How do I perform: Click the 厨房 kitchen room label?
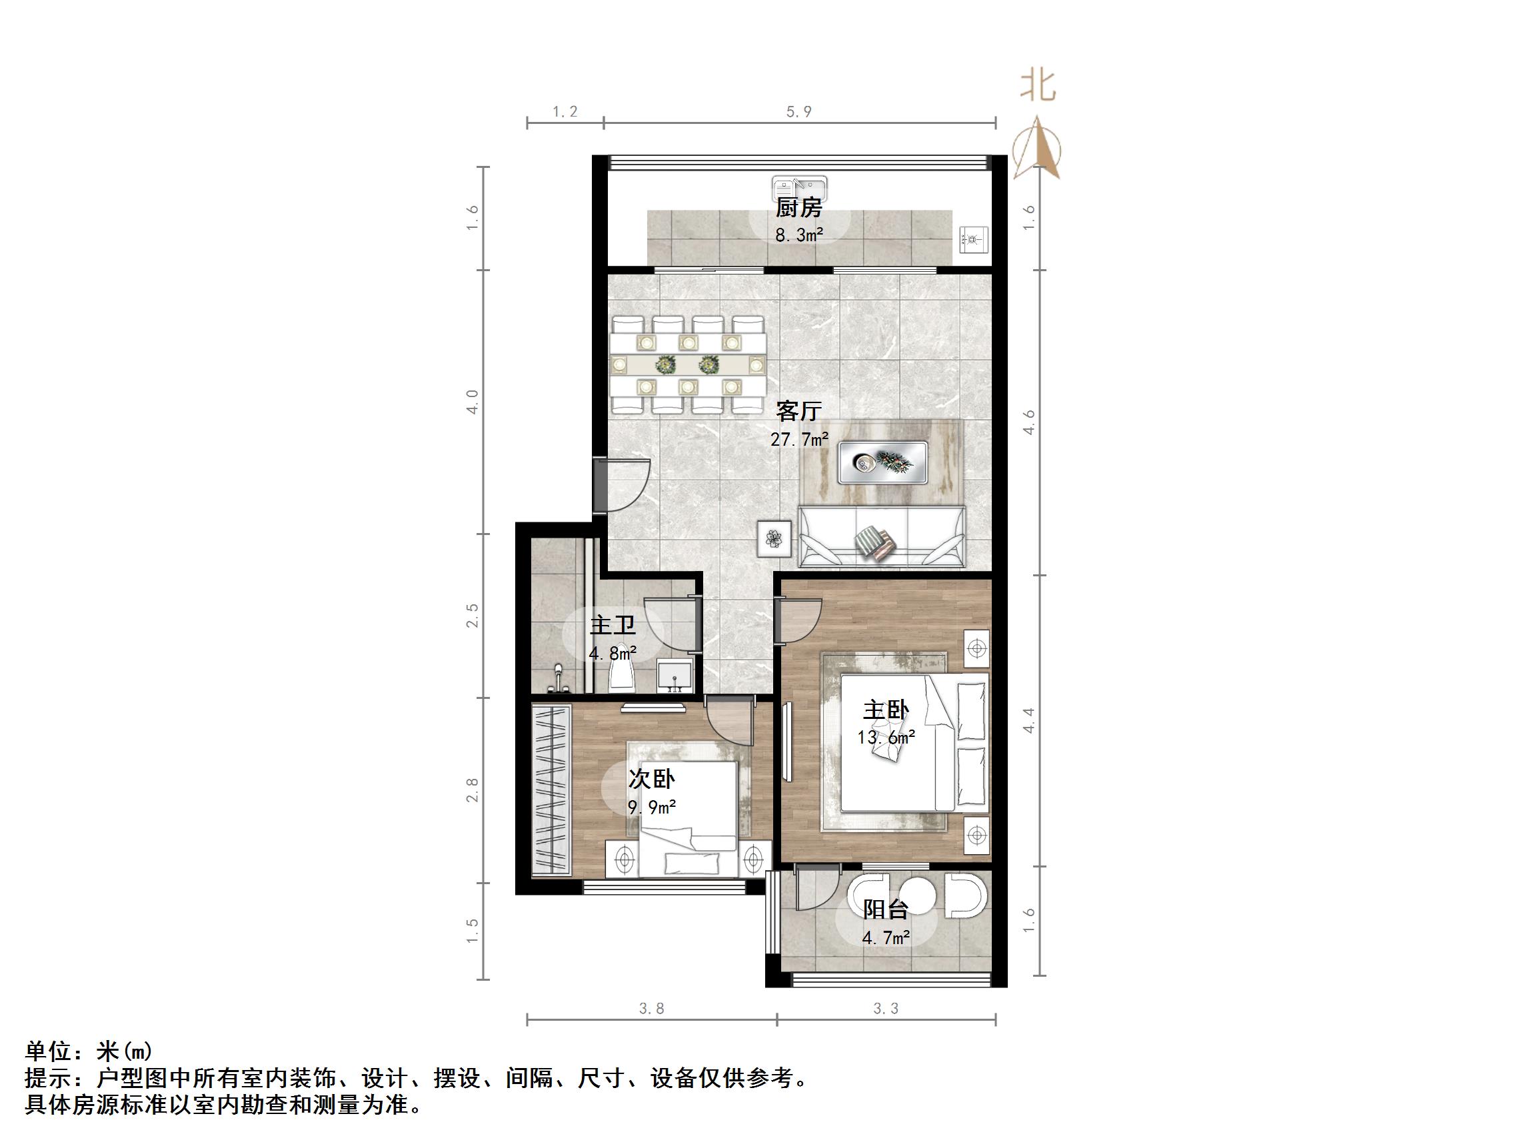[798, 207]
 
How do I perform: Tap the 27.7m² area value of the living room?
[798, 439]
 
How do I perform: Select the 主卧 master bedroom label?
[886, 710]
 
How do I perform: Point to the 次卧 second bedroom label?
[651, 780]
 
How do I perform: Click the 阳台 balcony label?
[885, 909]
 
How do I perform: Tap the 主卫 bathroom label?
[612, 626]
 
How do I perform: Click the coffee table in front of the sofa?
[882, 462]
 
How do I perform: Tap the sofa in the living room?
[881, 537]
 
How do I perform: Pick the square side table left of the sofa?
[774, 538]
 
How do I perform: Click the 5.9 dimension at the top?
[798, 111]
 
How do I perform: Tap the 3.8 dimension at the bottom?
[651, 1009]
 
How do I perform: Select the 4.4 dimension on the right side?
[1028, 720]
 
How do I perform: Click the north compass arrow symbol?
[1038, 150]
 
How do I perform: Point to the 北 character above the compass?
[1038, 86]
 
